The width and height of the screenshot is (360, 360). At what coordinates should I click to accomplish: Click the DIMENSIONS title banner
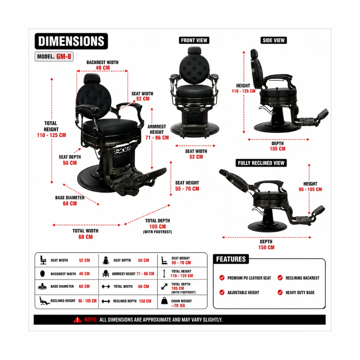[x=71, y=41]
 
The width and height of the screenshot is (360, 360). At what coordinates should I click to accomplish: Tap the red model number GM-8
[x=64, y=56]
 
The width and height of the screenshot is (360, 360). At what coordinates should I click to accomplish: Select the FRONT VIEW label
[x=194, y=40]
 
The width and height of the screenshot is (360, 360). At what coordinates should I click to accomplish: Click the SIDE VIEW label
[x=274, y=40]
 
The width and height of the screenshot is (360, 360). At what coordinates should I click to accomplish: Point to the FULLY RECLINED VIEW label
[x=261, y=163]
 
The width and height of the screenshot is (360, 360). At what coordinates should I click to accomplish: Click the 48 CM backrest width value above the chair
[x=103, y=68]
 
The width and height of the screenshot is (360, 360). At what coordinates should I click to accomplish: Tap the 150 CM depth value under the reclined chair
[x=266, y=247]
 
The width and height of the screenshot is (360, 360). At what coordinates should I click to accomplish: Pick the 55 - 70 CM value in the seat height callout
[x=187, y=189]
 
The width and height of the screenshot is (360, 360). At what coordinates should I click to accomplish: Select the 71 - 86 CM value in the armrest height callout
[x=157, y=138]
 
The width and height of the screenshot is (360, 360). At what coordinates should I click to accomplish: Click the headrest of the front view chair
[x=194, y=51]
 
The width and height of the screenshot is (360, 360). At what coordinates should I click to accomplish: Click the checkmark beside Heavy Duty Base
[x=280, y=292]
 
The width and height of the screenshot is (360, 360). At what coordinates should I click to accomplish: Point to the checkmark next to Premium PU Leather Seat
[x=222, y=278]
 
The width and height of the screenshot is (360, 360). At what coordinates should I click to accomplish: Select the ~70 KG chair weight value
[x=178, y=306]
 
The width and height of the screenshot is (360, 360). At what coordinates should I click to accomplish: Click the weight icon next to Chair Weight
[x=164, y=301]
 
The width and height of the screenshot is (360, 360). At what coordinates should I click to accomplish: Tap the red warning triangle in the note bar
[x=77, y=320]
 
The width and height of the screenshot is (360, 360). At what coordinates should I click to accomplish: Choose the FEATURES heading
[x=231, y=259]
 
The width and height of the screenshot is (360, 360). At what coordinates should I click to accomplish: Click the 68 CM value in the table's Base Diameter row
[x=84, y=286]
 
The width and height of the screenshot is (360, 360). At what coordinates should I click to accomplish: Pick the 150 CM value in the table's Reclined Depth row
[x=145, y=301]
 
